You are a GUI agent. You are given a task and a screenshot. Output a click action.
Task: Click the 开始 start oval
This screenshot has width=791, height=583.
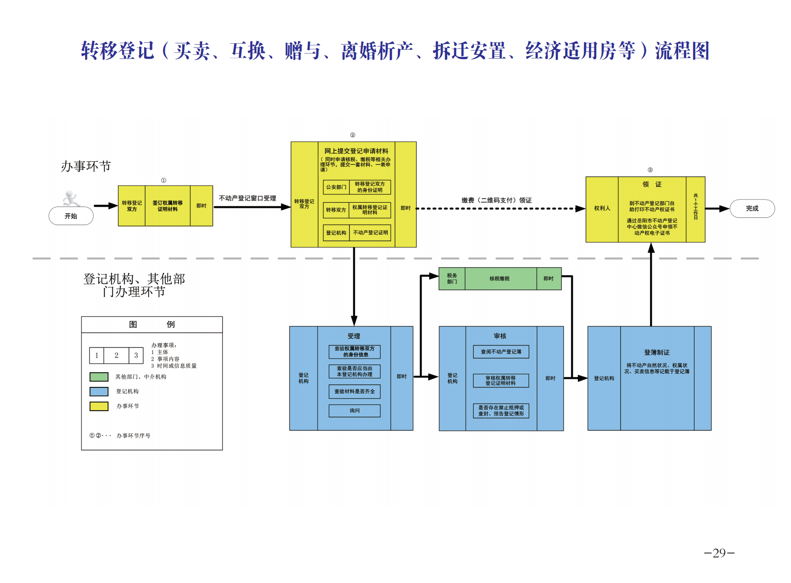coord(71,216)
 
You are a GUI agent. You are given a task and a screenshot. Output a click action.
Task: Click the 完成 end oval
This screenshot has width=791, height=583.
coord(752,208)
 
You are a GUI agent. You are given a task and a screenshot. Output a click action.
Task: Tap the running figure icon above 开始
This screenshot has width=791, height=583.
coord(71,198)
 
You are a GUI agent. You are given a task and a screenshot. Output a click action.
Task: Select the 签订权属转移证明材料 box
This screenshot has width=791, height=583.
coord(167,206)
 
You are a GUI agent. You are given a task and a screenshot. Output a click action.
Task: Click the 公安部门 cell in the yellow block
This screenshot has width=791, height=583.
coord(336,187)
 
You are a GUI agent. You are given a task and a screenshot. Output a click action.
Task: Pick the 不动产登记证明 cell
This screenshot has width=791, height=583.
coord(370,233)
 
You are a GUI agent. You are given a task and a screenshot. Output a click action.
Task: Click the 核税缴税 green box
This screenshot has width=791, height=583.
coord(500,279)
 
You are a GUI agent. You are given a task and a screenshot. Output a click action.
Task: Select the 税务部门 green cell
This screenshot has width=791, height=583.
coord(452,279)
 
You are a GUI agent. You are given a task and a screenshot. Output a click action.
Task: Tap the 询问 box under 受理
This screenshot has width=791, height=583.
coord(354,411)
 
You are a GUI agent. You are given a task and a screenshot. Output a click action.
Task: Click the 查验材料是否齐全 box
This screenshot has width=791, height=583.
coord(354,391)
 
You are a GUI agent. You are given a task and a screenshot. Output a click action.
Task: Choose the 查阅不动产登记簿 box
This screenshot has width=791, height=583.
coord(501,352)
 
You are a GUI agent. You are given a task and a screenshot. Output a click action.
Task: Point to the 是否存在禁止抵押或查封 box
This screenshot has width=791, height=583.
coord(501,411)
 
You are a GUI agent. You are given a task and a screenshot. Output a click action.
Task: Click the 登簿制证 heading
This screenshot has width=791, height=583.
coord(657,353)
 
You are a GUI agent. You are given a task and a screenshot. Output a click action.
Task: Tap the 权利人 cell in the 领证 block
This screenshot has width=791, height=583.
coord(602,208)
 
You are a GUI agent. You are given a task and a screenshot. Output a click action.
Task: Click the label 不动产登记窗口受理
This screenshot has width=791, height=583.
coord(247,198)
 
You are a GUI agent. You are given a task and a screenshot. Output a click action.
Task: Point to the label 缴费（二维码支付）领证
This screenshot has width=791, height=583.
coord(496,200)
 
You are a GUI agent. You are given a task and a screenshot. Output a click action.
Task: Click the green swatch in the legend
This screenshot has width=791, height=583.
coord(99,377)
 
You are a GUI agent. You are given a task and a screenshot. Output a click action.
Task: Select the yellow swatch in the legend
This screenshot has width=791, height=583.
coord(99,406)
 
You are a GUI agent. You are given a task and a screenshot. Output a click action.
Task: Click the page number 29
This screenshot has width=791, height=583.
coord(719,553)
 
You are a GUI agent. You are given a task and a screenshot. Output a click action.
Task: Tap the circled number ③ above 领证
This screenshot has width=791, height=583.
coord(650,170)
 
